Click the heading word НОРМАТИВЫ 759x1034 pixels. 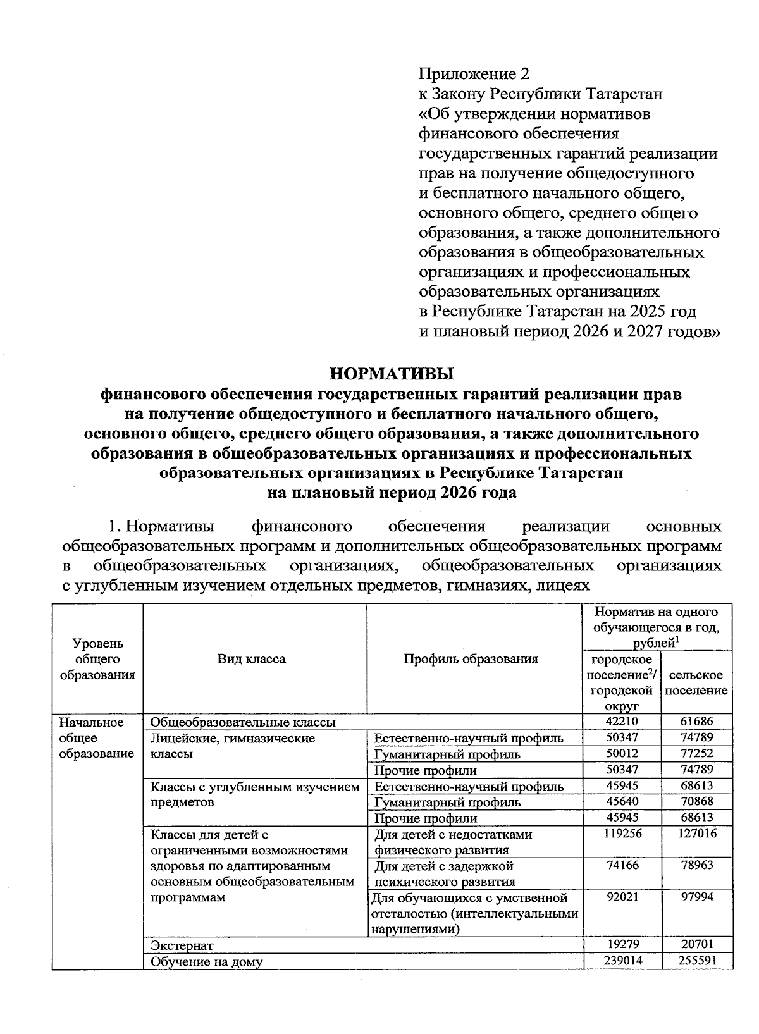(x=393, y=373)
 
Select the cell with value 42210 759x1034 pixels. (x=622, y=722)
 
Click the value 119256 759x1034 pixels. (x=622, y=834)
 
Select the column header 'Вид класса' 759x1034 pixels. (x=252, y=659)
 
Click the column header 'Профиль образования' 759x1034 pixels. (x=471, y=659)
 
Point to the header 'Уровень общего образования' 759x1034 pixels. (x=97, y=659)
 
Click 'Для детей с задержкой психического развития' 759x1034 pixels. (x=445, y=873)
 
